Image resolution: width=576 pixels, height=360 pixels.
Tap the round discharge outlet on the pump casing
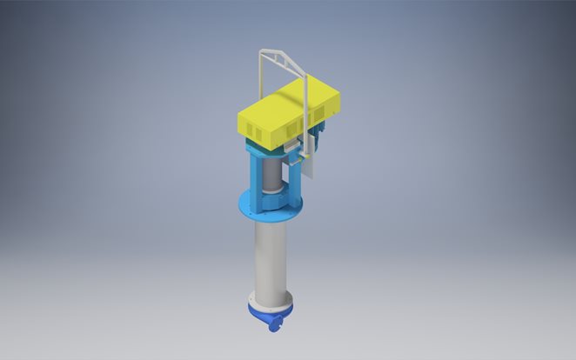(x=276, y=325)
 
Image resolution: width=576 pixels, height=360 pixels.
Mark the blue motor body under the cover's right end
(x=319, y=135)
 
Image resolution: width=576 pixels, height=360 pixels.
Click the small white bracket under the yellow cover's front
(x=291, y=149)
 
